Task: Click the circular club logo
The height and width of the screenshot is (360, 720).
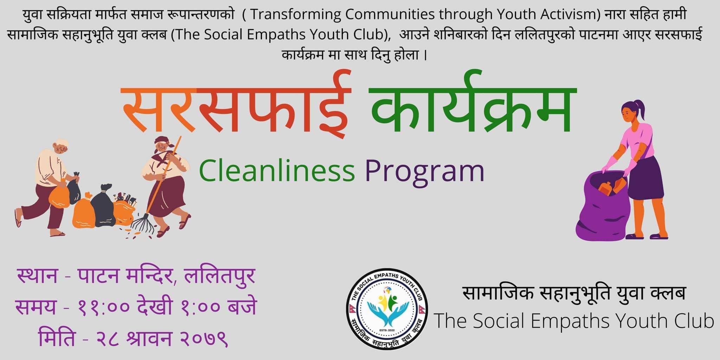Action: pyautogui.click(x=387, y=309)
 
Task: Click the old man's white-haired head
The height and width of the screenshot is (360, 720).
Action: pyautogui.click(x=61, y=147)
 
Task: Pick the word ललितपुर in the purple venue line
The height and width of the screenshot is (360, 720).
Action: pyautogui.click(x=220, y=276)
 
